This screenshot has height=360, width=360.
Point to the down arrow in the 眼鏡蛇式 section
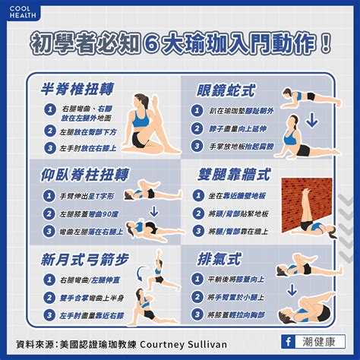(x=311, y=122)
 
